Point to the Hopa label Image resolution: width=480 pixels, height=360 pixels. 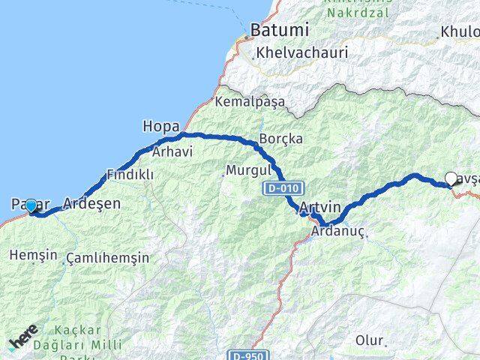160,126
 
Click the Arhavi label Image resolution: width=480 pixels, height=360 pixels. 172,151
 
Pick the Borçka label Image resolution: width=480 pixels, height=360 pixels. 280,139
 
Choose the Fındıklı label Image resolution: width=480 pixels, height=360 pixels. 130,174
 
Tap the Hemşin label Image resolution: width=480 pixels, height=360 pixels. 32,255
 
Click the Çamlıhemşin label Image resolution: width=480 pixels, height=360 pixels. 107,258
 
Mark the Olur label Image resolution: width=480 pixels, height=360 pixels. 369,340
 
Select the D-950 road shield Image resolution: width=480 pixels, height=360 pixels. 247,355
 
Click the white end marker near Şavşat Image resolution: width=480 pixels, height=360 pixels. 451,178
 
